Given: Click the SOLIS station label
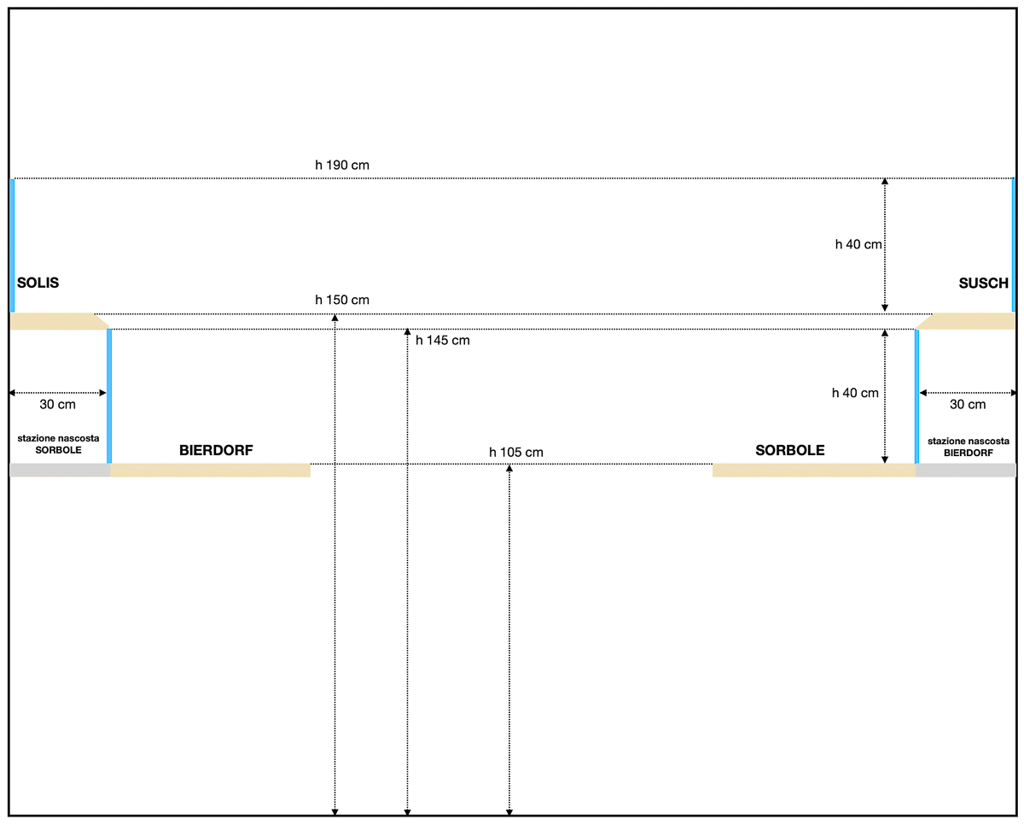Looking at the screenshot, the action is pyautogui.click(x=38, y=283).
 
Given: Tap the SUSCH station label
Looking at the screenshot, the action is pyautogui.click(x=983, y=283).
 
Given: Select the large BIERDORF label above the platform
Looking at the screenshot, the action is pyautogui.click(x=216, y=450).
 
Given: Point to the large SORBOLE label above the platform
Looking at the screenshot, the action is pyautogui.click(x=790, y=450).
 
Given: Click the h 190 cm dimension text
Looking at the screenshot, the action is pyautogui.click(x=342, y=165).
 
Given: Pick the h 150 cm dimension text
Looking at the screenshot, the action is pyautogui.click(x=342, y=300).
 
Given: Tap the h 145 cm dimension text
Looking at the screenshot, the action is pyautogui.click(x=443, y=340).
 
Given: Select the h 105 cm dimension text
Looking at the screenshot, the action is pyautogui.click(x=515, y=452).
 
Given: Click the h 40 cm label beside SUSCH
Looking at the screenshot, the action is pyautogui.click(x=858, y=244).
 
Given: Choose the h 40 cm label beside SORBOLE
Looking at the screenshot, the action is pyautogui.click(x=855, y=393).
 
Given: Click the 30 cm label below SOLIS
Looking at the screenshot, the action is pyautogui.click(x=57, y=405).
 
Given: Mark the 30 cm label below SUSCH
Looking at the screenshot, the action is pyautogui.click(x=968, y=405).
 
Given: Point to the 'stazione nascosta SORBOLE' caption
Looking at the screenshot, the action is pyautogui.click(x=59, y=444).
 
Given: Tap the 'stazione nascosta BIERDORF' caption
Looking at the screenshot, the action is pyautogui.click(x=969, y=447).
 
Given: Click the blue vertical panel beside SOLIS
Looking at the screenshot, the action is pyautogui.click(x=12, y=245).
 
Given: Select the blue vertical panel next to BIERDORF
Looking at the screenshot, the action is pyautogui.click(x=109, y=395).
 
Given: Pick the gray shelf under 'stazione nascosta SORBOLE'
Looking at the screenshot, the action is pyautogui.click(x=61, y=470).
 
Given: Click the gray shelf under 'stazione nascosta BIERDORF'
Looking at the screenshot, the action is pyautogui.click(x=966, y=470).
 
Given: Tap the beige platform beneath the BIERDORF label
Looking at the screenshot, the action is pyautogui.click(x=210, y=470).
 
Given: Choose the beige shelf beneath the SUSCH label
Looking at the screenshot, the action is pyautogui.click(x=966, y=321).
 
